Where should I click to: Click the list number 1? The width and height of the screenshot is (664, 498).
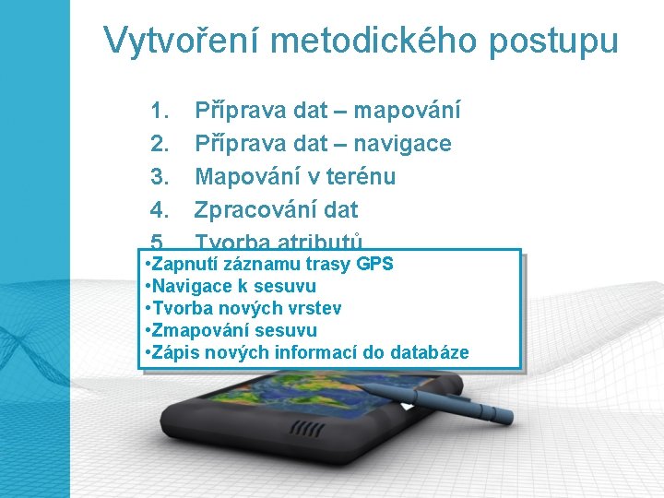click(x=159, y=112)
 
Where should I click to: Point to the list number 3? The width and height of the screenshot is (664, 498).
click(x=159, y=176)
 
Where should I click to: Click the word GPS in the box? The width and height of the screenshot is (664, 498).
click(x=375, y=264)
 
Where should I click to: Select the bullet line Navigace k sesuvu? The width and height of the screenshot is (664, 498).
click(x=231, y=286)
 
